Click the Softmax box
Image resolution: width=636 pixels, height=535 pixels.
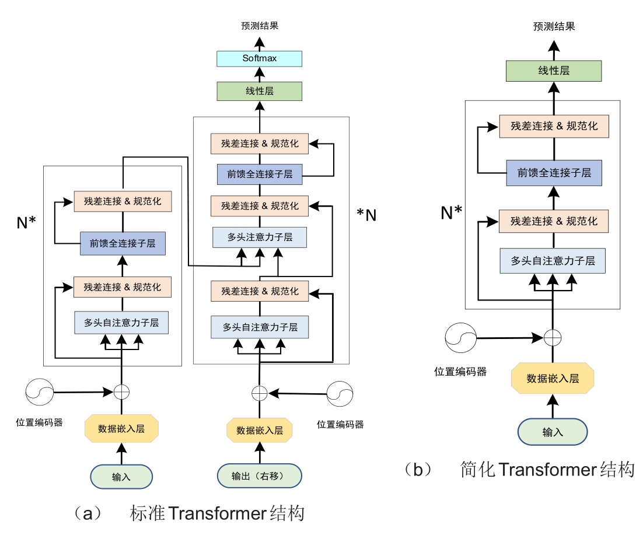[259, 58]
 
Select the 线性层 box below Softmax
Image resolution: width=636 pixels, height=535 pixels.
[259, 92]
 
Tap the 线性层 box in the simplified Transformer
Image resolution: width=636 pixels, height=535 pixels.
[553, 71]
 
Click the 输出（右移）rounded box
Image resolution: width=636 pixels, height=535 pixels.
[259, 476]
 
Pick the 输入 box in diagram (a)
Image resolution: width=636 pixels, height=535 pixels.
[121, 477]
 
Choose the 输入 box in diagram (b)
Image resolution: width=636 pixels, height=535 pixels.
[552, 432]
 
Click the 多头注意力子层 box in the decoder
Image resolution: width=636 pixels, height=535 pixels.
[260, 237]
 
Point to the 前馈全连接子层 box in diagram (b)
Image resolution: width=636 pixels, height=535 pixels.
[554, 173]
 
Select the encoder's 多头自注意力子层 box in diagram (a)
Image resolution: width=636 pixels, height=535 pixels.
[121, 322]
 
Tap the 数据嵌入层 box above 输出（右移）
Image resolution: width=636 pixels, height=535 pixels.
[259, 431]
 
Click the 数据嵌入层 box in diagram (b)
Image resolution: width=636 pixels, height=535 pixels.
[552, 378]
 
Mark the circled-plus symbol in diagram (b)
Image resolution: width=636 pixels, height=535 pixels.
[552, 337]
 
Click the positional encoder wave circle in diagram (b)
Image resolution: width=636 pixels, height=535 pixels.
[460, 337]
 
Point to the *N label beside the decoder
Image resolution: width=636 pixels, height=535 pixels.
[366, 215]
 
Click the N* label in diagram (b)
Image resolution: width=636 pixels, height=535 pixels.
[451, 213]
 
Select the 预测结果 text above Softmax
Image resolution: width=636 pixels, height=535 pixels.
[259, 26]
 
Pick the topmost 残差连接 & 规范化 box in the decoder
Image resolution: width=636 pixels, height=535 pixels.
[260, 144]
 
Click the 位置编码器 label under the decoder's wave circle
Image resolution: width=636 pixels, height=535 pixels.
[340, 425]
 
